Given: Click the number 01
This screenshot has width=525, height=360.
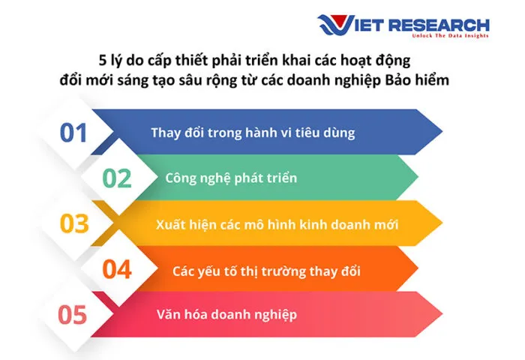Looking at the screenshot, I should [74, 133].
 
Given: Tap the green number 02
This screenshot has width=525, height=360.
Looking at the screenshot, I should [117, 178].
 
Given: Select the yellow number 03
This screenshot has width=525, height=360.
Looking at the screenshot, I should [74, 223].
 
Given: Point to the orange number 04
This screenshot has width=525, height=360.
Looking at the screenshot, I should [117, 269].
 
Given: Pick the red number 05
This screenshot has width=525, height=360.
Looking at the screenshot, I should [73, 315].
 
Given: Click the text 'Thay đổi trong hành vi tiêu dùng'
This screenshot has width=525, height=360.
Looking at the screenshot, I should [252, 133].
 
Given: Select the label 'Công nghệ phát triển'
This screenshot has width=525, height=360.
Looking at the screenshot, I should [231, 178].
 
